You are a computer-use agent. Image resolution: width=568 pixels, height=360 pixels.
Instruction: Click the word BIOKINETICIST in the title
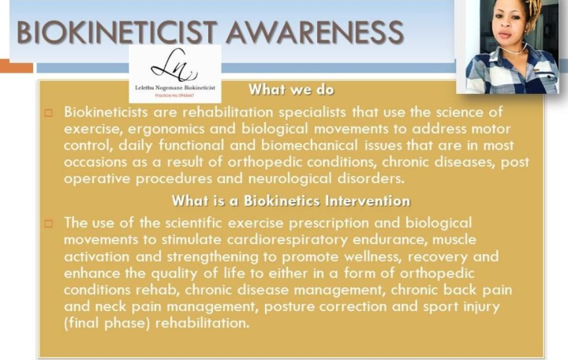coord(117,32)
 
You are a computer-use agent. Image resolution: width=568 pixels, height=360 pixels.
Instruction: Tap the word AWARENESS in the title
coord(315,32)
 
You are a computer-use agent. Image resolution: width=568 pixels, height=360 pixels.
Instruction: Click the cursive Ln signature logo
coord(174,66)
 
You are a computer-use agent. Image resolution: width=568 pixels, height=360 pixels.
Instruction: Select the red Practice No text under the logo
coord(174,96)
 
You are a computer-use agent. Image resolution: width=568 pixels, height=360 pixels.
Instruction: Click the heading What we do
coord(291,89)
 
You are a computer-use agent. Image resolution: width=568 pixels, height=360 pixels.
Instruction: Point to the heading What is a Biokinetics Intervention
coord(291,201)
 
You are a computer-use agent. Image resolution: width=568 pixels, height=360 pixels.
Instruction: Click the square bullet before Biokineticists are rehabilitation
coord(49,113)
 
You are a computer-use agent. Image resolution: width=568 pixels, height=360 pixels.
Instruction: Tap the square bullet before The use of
coord(49,223)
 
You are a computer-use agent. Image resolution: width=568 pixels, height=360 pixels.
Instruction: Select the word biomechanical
coord(309,145)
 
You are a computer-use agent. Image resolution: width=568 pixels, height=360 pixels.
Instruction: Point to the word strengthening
coord(213,257)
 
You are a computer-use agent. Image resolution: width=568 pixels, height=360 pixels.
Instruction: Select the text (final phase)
coord(106,323)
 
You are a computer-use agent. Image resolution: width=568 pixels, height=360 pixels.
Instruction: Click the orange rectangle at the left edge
coord(17,66)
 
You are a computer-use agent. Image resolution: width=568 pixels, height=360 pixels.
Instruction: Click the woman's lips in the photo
coord(506,36)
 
